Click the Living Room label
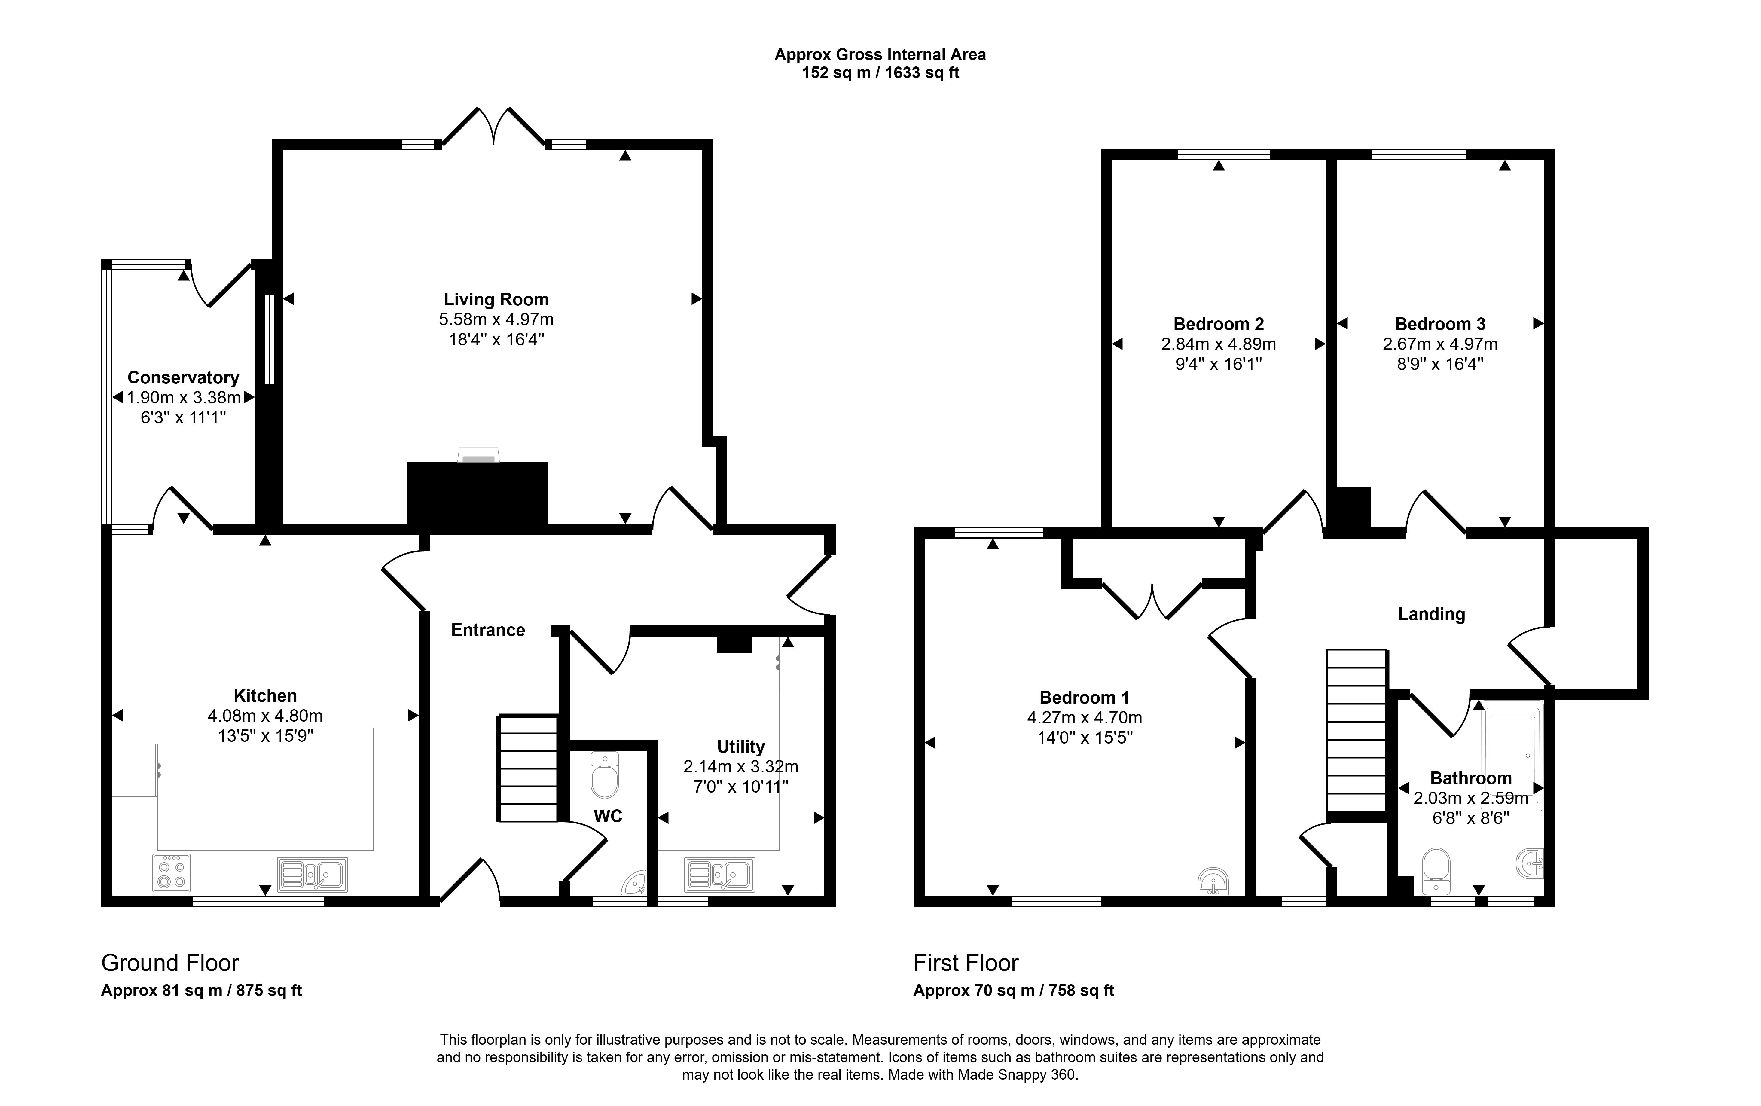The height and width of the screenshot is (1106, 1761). click(496, 299)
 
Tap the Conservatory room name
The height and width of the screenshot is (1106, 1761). click(184, 377)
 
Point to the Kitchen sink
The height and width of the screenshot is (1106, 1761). click(312, 874)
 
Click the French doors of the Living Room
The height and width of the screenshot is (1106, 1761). click(494, 126)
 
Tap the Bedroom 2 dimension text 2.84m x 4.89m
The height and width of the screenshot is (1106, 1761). click(1218, 344)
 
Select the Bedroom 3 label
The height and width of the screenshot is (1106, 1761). click(1440, 324)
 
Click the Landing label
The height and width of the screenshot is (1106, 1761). click(1431, 614)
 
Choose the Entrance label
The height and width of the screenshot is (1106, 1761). click(488, 630)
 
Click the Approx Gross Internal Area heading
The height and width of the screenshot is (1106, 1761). click(880, 54)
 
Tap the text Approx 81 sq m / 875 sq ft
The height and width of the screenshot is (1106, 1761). click(201, 990)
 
